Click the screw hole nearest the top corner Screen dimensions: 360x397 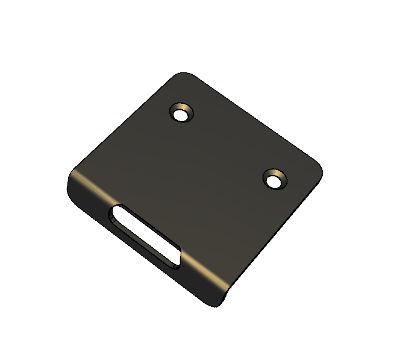[181, 113]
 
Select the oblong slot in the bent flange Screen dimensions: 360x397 [145, 236]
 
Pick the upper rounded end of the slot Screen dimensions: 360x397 [117, 214]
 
